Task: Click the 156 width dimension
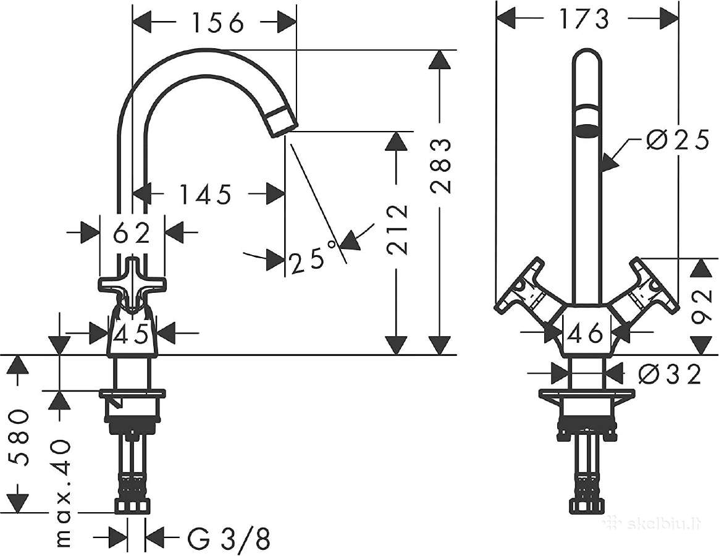click(x=217, y=22)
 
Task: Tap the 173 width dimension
click(x=584, y=19)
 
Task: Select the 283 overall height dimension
click(x=441, y=166)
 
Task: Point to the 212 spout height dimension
click(x=397, y=229)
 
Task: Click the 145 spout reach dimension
click(x=205, y=195)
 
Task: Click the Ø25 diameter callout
click(x=678, y=140)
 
